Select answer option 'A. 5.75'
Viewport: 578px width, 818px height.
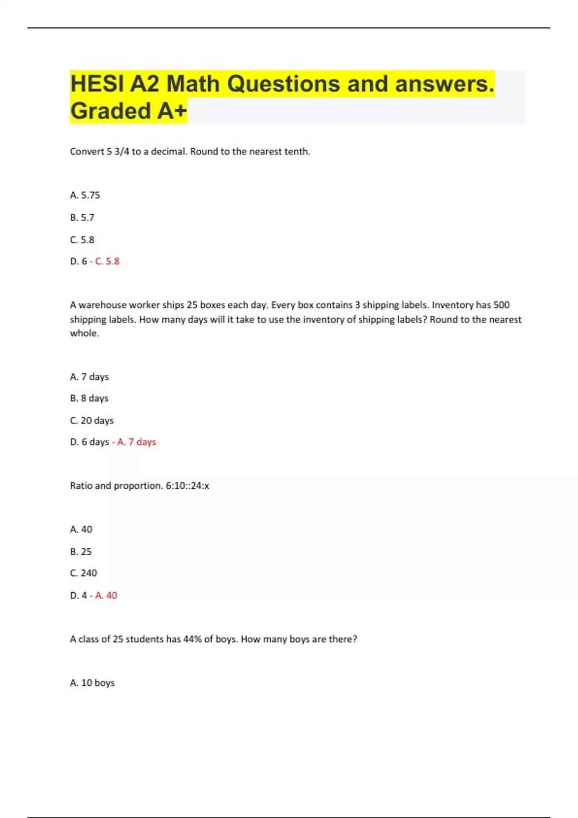85,195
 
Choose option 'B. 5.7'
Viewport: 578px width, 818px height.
82,217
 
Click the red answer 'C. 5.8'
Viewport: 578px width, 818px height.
107,261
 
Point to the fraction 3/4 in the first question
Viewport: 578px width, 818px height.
122,152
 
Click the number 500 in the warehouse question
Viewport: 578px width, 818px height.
501,305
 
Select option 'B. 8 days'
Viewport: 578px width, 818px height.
89,398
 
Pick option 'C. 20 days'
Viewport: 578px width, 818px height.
92,421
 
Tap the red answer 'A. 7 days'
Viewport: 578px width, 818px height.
136,442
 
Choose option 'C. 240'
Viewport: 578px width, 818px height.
83,573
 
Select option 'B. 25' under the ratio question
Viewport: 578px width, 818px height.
80,551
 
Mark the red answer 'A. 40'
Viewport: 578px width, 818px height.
106,596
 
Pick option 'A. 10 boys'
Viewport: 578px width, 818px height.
92,683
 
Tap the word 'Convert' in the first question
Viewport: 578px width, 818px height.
87,152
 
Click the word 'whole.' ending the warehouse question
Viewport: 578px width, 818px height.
84,333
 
